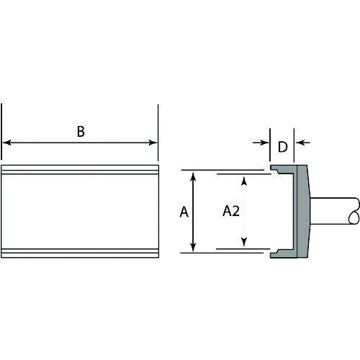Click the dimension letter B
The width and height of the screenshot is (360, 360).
pos(81,132)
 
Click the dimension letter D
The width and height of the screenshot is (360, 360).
pos(283,147)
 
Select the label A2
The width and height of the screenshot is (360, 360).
pos(231,211)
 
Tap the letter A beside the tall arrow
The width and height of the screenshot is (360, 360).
pos(184,212)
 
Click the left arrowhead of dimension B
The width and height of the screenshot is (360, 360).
pos(6,143)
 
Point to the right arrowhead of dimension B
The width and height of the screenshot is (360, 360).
pos(153,143)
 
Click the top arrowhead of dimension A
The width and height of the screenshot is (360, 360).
pos(193,176)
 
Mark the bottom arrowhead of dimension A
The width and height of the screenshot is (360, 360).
pos(193,247)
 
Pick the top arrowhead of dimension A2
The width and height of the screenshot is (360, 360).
pos(244,181)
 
